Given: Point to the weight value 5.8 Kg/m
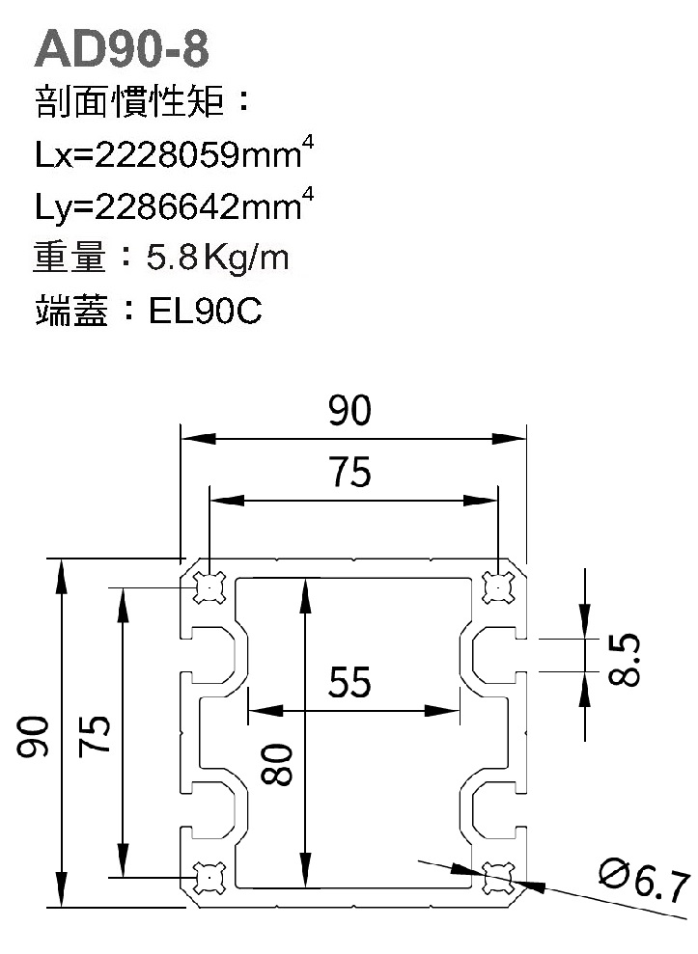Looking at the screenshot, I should click(218, 259).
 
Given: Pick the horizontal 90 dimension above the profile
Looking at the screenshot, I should click(349, 412).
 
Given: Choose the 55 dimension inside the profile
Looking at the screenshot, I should click(349, 683).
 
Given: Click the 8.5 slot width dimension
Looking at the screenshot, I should click(626, 659).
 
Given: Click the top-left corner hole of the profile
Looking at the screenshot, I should click(209, 586).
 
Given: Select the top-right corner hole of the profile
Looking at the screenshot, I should click(497, 586).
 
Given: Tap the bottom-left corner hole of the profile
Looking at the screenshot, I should click(209, 876).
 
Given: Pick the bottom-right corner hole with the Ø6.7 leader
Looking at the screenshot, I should click(497, 876).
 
